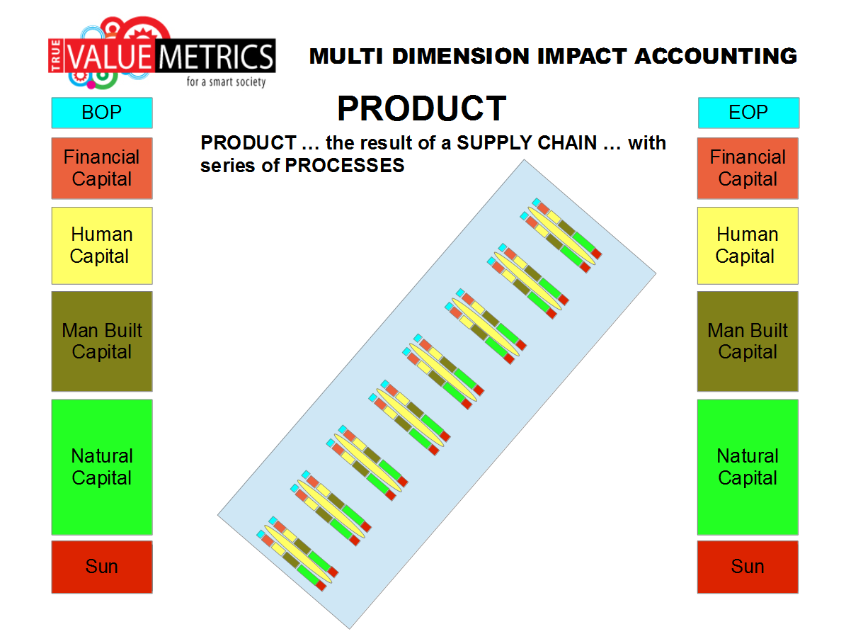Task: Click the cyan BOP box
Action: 102,113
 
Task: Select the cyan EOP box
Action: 748,113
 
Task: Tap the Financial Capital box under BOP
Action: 102,169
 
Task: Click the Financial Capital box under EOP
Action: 748,169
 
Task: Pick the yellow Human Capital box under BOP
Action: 102,246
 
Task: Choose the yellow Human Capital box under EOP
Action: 748,246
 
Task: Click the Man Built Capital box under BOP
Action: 102,341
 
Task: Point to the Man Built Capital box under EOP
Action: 748,341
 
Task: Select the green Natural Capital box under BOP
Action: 102,467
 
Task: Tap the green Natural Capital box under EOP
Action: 748,467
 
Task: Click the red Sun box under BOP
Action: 102,567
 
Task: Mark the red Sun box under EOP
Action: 748,567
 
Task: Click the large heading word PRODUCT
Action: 422,108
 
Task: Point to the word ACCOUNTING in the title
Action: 716,56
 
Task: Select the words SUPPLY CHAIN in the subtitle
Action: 527,143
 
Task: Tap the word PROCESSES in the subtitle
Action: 345,166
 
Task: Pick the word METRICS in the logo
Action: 217,57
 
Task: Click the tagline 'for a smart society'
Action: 226,81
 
